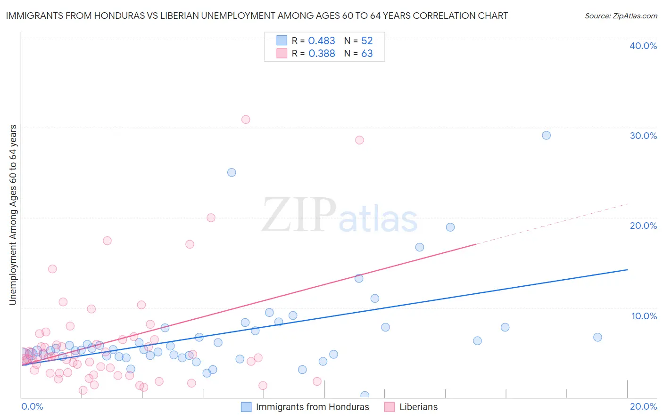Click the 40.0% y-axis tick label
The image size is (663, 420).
[643, 46]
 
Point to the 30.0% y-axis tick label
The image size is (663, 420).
[643, 136]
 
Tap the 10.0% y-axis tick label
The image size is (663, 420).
[644, 316]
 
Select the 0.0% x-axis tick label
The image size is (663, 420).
[32, 406]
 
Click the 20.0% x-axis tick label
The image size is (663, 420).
[643, 406]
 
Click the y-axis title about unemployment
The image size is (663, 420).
[13, 215]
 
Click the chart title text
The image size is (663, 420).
[257, 16]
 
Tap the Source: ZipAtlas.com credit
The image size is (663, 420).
[621, 16]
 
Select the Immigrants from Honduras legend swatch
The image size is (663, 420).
[246, 407]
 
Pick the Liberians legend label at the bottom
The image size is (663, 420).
[418, 407]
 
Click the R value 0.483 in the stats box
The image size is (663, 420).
[322, 41]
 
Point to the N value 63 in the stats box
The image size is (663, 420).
[367, 54]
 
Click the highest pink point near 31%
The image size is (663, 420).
[246, 120]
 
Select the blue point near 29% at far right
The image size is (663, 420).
[546, 136]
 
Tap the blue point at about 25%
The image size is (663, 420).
[232, 172]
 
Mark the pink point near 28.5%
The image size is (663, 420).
[359, 140]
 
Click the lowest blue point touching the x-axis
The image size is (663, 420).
[365, 396]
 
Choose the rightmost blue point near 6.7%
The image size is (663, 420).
[597, 337]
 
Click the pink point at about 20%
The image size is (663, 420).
[211, 218]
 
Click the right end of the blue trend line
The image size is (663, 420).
[627, 270]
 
